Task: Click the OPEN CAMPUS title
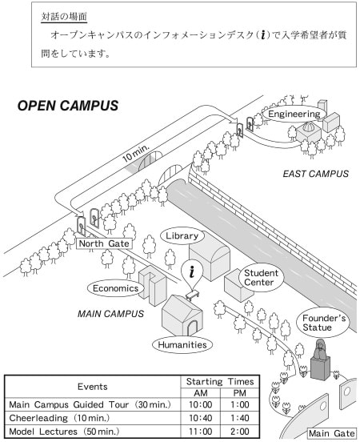coord(68,106)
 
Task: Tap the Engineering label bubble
coord(294,115)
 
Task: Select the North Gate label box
coord(104,243)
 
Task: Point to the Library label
coord(182,236)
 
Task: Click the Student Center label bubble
coord(261,278)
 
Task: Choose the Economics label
coord(115,288)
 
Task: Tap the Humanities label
coord(182,345)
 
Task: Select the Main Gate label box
coord(332,433)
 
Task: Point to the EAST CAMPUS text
coord(316,174)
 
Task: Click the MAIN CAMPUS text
coord(110,314)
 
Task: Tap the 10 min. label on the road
coord(135,154)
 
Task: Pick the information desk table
coord(192,295)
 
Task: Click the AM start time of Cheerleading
coord(200,418)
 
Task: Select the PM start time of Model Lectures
coord(240,432)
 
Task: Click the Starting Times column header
coord(220,382)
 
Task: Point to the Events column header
coord(92,387)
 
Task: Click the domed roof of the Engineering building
coord(307,127)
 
